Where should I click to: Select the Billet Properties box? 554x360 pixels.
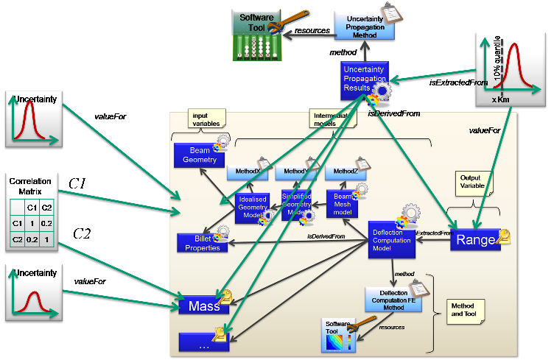coord(202,242)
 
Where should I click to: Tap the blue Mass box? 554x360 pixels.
coord(203,305)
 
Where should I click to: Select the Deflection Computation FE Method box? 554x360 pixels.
coord(391,299)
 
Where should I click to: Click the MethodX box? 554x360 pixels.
coord(248,172)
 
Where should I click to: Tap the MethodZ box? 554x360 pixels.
coord(344,172)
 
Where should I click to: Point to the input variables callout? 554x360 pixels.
coord(204,120)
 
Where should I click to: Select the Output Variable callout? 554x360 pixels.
coord(471,182)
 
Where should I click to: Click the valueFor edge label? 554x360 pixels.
coord(484,130)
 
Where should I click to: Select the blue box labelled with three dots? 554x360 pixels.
coord(203,342)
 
